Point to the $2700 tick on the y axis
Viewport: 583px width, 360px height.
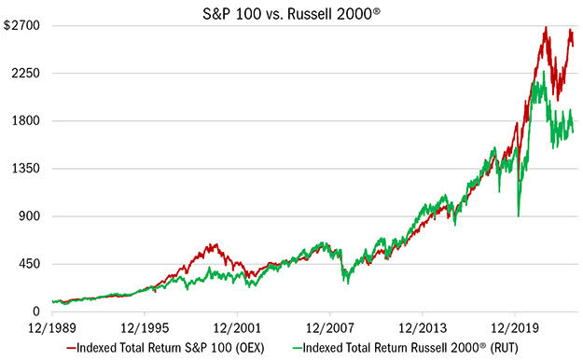click(x=21, y=26)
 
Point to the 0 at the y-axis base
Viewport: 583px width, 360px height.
click(x=35, y=312)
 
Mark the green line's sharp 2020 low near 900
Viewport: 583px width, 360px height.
click(x=518, y=216)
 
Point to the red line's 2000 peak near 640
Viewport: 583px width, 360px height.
click(x=214, y=244)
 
